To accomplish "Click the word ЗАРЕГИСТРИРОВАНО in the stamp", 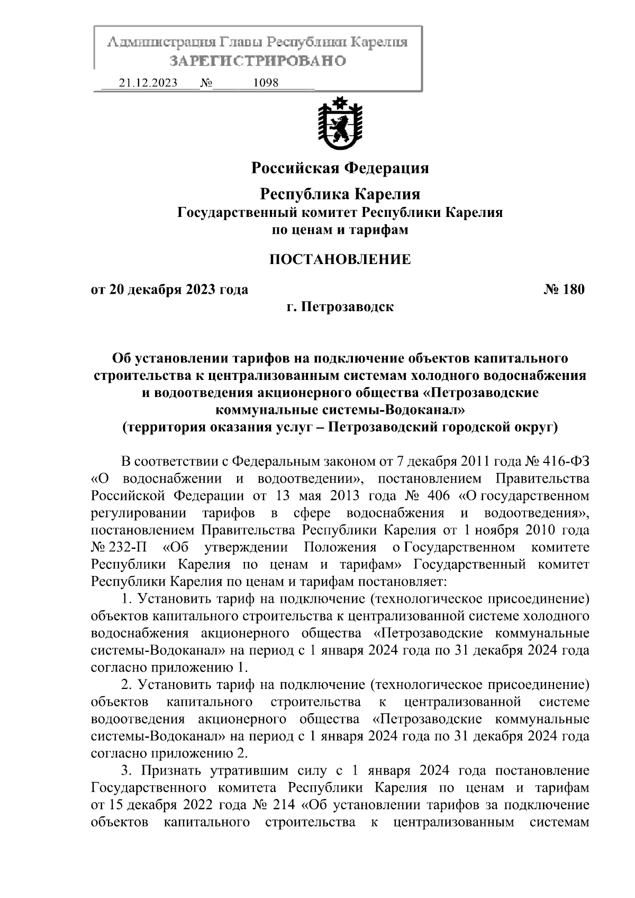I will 258,61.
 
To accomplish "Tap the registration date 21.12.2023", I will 148,83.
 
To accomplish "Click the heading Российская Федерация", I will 340,168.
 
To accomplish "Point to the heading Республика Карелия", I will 340,194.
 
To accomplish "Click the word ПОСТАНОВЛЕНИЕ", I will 340,259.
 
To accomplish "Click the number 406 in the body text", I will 434,496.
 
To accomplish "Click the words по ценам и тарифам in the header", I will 340,230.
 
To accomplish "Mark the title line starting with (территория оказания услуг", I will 340,427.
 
